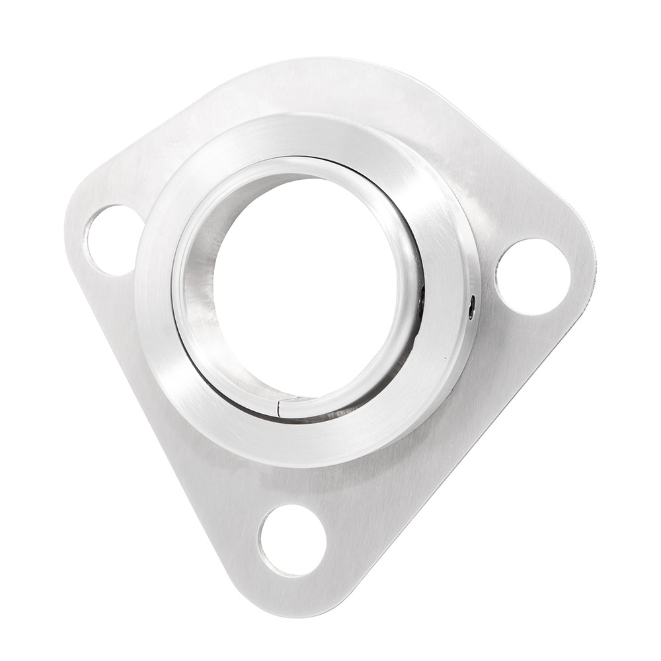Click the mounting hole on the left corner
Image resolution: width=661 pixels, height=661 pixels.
[112, 239]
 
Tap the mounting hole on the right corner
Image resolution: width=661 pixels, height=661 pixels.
[533, 276]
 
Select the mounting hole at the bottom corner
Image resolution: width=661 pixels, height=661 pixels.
[292, 540]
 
